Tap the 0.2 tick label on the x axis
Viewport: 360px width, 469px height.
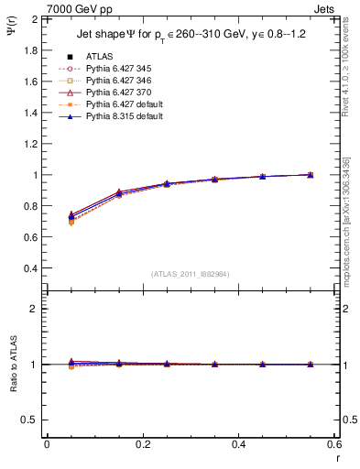click(x=142, y=444)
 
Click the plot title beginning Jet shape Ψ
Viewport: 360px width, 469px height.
click(x=190, y=36)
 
